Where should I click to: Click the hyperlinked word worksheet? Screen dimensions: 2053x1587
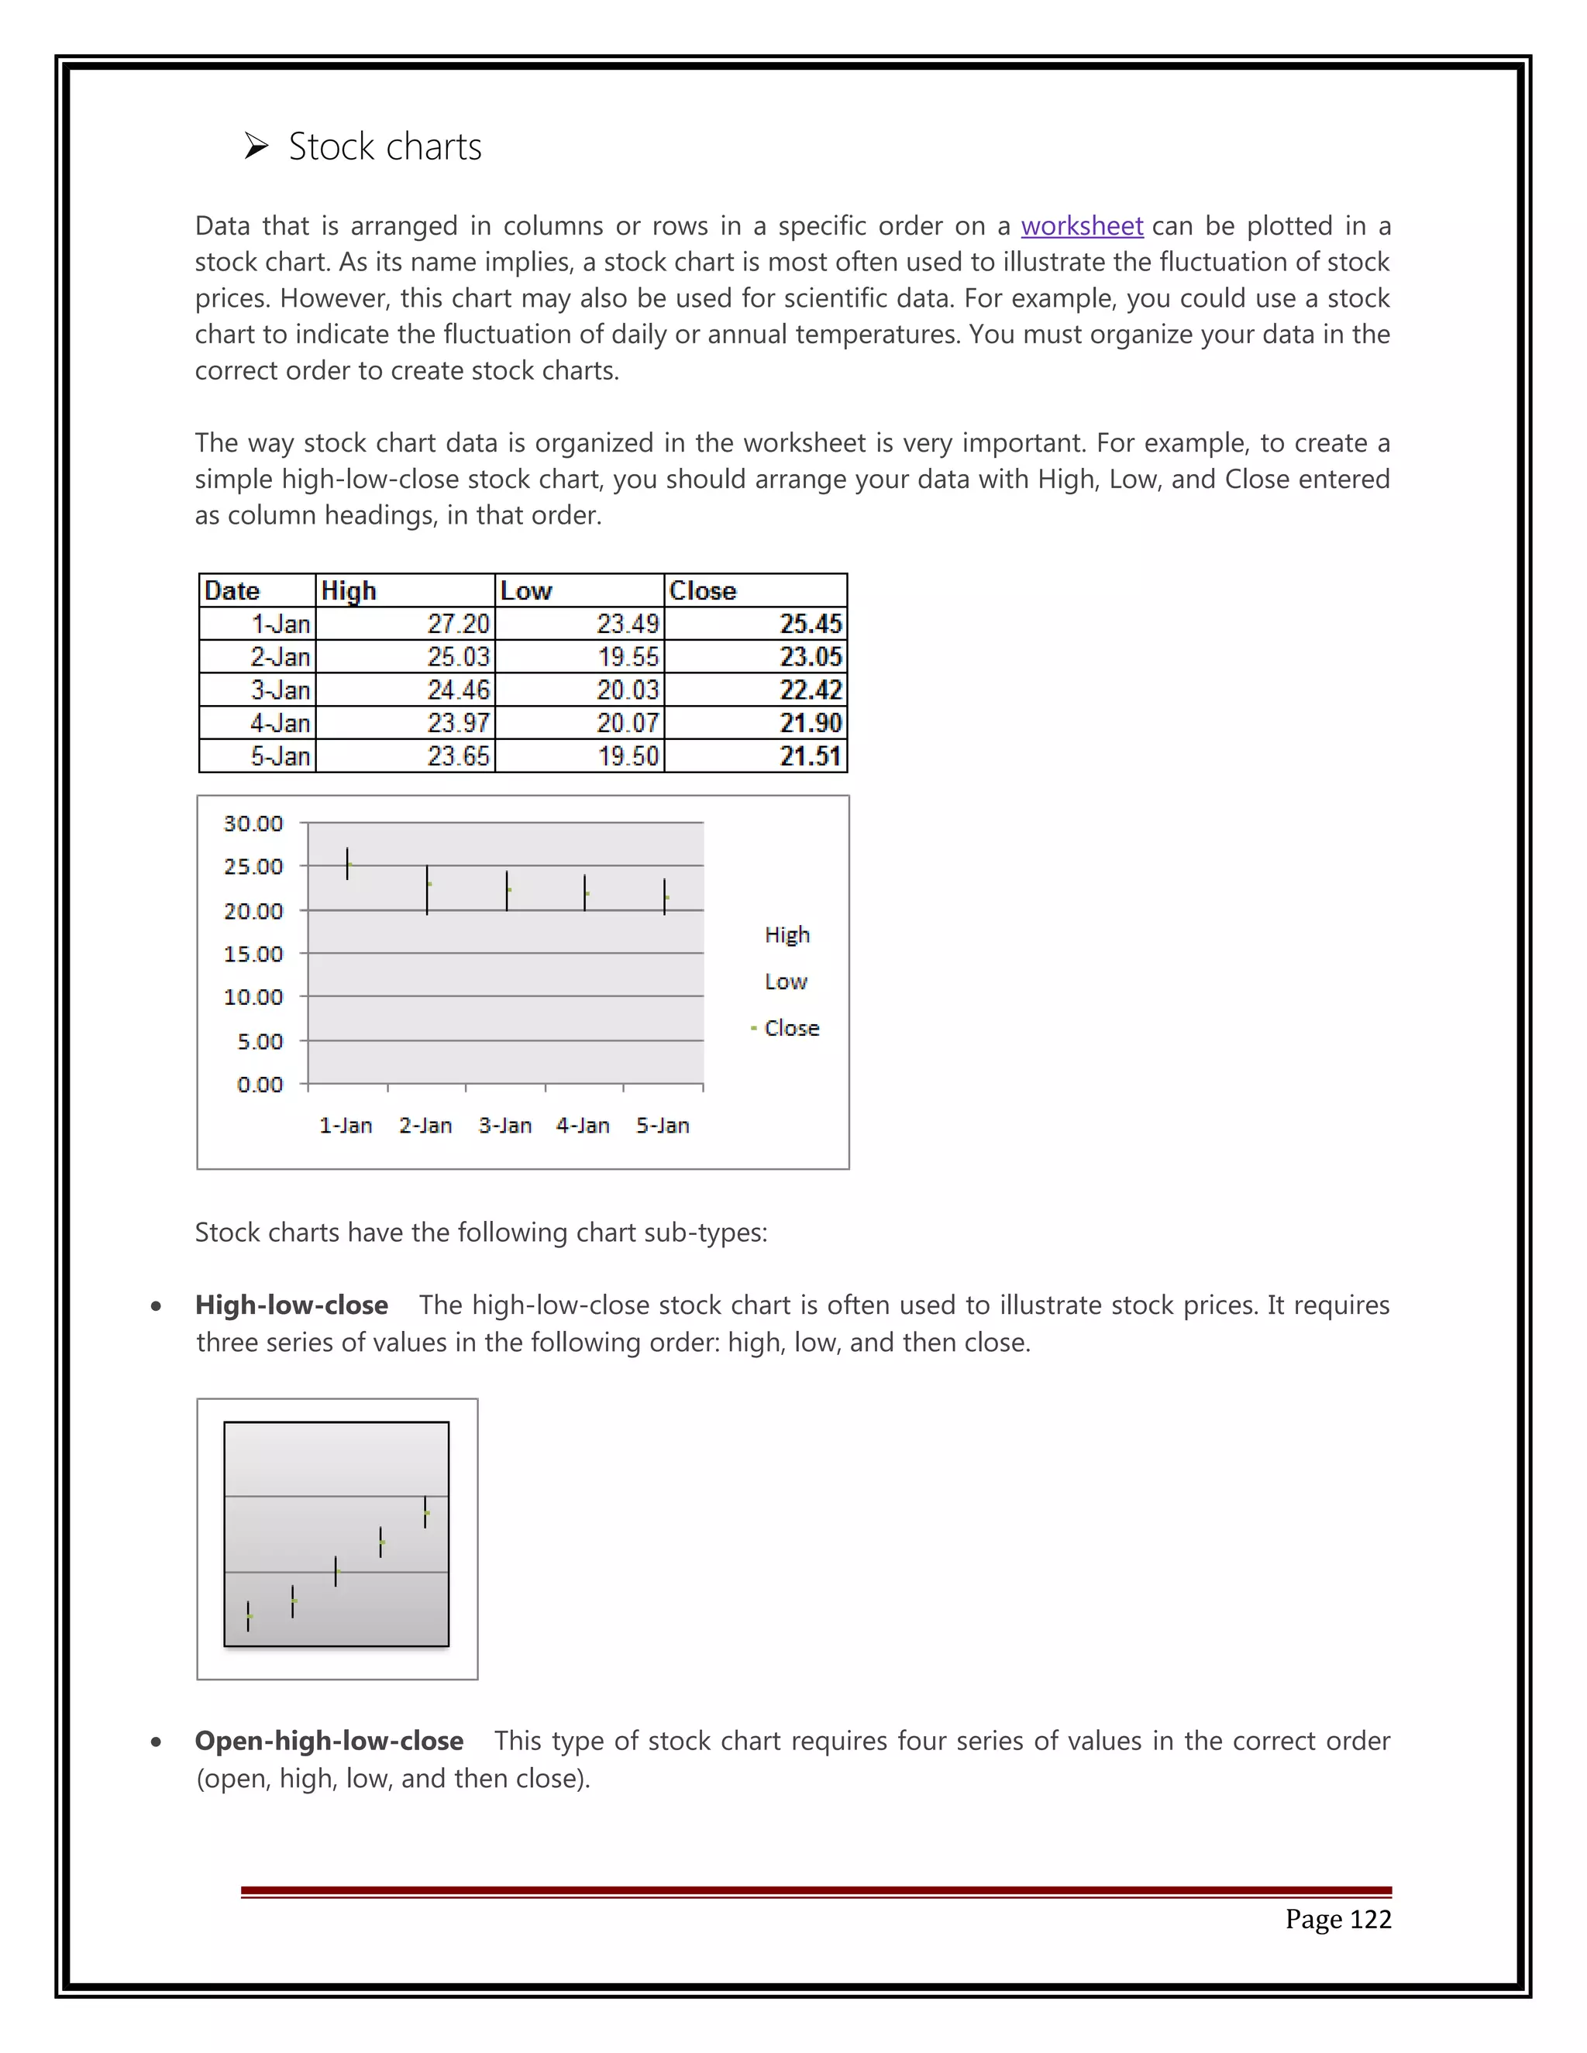click(1081, 226)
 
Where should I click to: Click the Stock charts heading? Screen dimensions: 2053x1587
click(384, 146)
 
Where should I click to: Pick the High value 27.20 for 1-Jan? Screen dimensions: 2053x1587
click(458, 624)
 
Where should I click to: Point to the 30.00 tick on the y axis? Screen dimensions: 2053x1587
click(253, 824)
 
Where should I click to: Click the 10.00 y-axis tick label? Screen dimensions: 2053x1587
click(253, 996)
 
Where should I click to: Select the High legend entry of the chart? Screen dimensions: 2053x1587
click(787, 934)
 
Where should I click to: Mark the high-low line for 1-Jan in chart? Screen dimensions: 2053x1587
click(347, 864)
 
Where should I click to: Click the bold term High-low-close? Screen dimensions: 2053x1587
click(291, 1305)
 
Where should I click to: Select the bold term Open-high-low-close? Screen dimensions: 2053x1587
click(329, 1741)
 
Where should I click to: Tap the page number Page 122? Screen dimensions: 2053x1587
click(1337, 1918)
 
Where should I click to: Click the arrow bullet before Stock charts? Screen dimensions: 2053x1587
click(256, 146)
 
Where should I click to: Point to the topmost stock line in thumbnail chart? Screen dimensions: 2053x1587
click(425, 1511)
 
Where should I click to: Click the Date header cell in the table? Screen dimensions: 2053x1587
click(232, 590)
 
